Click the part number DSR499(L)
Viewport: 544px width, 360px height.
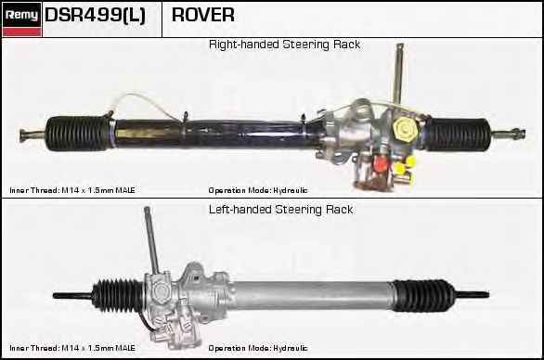pyautogui.click(x=95, y=16)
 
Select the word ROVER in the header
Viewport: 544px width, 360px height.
pyautogui.click(x=203, y=16)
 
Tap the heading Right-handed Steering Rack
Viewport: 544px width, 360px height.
pyautogui.click(x=284, y=45)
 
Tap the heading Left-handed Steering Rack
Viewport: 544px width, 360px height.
pyautogui.click(x=280, y=210)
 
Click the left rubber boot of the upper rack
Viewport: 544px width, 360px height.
pyautogui.click(x=80, y=132)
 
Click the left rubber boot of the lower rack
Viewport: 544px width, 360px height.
pyautogui.click(x=114, y=295)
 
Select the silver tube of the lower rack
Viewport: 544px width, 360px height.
pyautogui.click(x=306, y=295)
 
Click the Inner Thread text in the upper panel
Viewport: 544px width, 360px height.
pyautogui.click(x=72, y=189)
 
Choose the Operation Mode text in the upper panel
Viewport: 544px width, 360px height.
pyautogui.click(x=258, y=189)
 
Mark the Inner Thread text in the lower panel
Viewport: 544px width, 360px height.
pyautogui.click(x=72, y=348)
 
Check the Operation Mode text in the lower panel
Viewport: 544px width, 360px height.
pyautogui.click(x=258, y=348)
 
